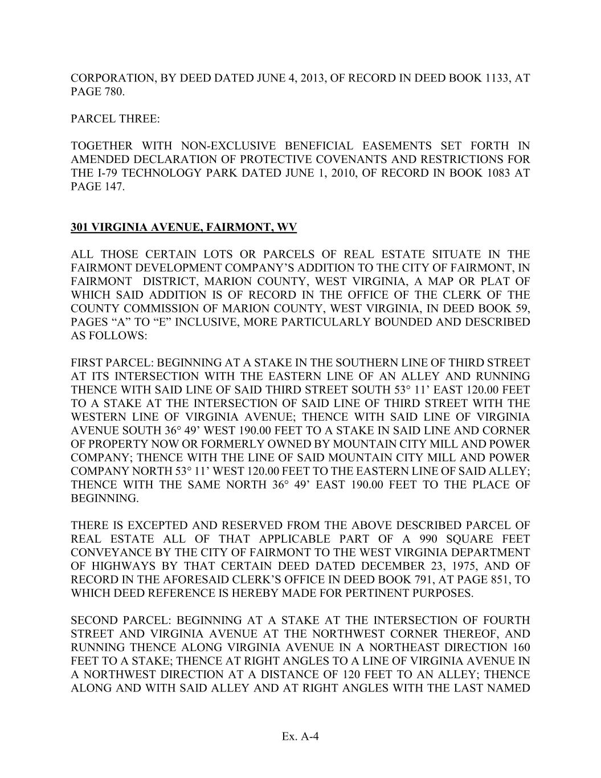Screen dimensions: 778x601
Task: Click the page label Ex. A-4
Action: click(300, 737)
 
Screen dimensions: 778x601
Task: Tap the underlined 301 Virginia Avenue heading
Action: click(184, 227)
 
